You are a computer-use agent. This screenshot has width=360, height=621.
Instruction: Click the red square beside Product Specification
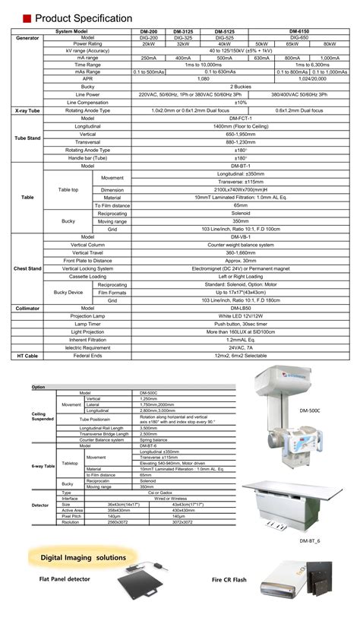pyautogui.click(x=27, y=17)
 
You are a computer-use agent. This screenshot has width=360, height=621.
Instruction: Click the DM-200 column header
pyautogui.click(x=150, y=30)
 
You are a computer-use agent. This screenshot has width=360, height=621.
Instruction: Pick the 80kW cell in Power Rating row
pyautogui.click(x=330, y=44)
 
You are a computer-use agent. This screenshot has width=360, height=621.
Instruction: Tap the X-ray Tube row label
pyautogui.click(x=28, y=110)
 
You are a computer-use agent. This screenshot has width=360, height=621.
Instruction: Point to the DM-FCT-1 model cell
pyautogui.click(x=241, y=118)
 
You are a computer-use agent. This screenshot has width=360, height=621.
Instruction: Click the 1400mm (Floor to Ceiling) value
pyautogui.click(x=241, y=125)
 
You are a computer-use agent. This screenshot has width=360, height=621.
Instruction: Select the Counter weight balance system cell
pyautogui.click(x=241, y=246)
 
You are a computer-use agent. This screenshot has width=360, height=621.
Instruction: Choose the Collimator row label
pyautogui.click(x=28, y=308)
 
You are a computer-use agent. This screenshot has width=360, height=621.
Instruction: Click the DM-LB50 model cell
pyautogui.click(x=241, y=308)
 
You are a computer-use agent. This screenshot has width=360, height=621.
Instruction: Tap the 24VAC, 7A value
pyautogui.click(x=241, y=347)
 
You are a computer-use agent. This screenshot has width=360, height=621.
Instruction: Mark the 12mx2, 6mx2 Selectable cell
pyautogui.click(x=241, y=355)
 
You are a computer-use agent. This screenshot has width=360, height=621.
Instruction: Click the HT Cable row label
pyautogui.click(x=28, y=355)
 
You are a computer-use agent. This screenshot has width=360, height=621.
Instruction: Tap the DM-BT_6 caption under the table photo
pyautogui.click(x=310, y=540)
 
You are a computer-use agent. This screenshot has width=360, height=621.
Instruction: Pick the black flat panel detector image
pyautogui.click(x=145, y=590)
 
